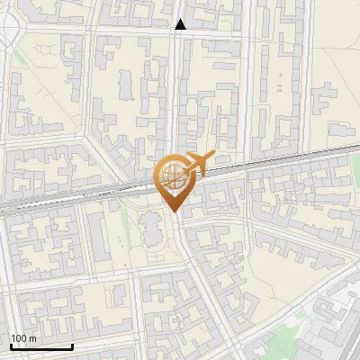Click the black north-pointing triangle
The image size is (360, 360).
pyautogui.click(x=181, y=24)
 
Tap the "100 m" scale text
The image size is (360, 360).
pyautogui.click(x=24, y=338)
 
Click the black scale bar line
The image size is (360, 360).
pyautogui.click(x=41, y=346)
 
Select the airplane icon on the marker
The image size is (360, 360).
pyautogui.click(x=199, y=163)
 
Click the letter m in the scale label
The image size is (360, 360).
pyautogui.click(x=32, y=338)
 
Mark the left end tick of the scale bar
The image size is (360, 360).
pyautogui.click(x=11, y=345)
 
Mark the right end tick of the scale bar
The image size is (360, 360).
pyautogui.click(x=72, y=345)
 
